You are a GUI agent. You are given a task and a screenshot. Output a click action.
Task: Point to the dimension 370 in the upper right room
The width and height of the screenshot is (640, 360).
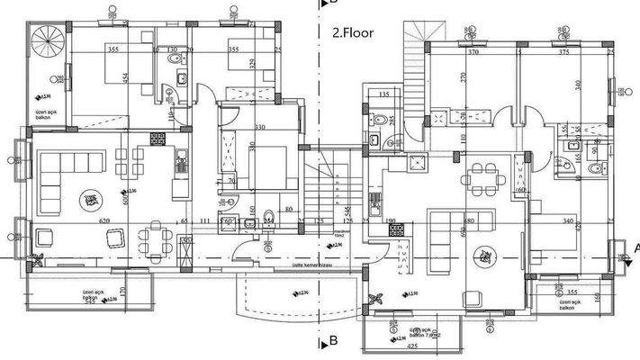click(473, 53)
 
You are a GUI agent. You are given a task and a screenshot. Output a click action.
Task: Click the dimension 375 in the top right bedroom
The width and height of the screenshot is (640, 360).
click(563, 53)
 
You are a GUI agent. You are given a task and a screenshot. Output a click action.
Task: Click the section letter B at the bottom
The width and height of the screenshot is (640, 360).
click(333, 341)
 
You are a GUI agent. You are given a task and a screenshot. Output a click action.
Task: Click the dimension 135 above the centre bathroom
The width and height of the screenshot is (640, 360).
click(383, 94)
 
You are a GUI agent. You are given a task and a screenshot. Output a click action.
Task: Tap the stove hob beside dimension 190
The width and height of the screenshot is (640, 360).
click(395, 229)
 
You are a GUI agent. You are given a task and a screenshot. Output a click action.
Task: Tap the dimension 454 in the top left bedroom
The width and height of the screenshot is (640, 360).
click(126, 79)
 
